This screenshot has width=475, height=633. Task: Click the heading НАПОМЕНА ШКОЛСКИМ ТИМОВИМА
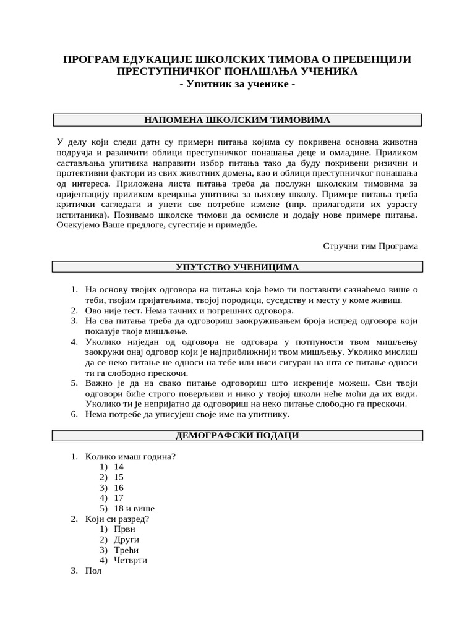pos(237,120)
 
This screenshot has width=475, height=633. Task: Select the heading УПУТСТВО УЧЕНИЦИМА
pos(237,267)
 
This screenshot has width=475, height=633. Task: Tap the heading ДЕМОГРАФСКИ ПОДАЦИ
pos(237,435)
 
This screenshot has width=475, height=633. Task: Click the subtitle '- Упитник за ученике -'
pos(237,84)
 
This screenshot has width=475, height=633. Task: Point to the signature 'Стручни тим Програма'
pos(370,245)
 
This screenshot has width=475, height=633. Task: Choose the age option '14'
pos(119,467)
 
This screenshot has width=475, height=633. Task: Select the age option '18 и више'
pos(134,508)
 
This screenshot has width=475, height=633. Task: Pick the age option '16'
pos(119,488)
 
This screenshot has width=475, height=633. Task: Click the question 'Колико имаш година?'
pos(131,456)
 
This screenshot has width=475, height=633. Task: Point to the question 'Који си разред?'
pos(118,519)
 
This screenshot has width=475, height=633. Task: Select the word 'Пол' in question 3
pos(93,571)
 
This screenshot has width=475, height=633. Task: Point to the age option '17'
pos(119,498)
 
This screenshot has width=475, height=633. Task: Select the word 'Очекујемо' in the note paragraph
pos(79,225)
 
